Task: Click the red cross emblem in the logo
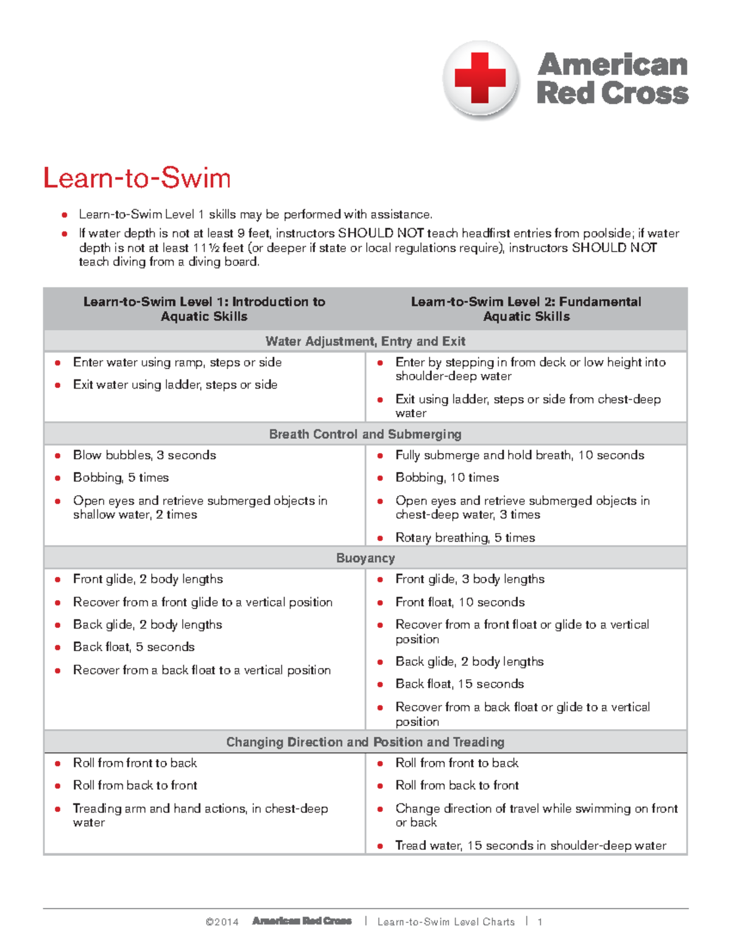480,79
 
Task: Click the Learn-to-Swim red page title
137,178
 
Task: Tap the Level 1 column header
204,309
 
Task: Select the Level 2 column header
526,309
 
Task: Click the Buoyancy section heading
365,558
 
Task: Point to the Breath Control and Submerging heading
365,434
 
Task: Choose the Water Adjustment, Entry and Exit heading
365,341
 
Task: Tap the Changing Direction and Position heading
365,742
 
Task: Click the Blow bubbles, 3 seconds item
144,455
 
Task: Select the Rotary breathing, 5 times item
465,538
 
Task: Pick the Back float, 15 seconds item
459,684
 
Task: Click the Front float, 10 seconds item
460,602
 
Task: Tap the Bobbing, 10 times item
447,478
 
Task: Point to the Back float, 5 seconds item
133,647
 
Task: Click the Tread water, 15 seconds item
531,845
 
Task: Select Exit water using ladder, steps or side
175,385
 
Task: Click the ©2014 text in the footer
222,922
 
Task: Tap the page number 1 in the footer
540,922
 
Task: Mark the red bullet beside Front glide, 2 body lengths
58,580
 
